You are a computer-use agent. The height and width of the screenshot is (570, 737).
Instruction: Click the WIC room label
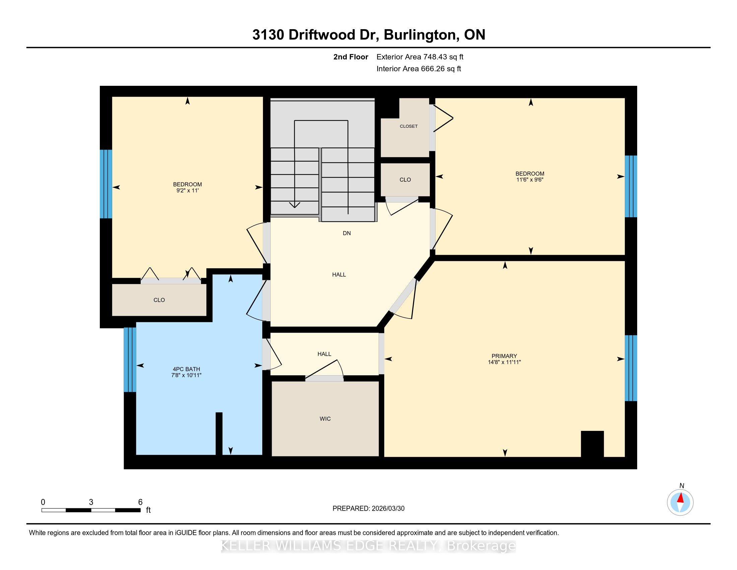325,419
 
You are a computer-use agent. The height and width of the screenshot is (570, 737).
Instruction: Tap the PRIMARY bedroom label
504,356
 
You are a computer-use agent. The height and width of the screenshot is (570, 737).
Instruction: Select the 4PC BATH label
186,369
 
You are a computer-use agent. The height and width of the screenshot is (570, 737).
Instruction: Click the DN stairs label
347,233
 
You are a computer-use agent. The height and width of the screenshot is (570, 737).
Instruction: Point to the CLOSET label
409,126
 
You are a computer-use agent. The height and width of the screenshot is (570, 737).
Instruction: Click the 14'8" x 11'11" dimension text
504,362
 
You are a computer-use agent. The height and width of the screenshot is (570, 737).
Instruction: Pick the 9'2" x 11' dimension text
187,190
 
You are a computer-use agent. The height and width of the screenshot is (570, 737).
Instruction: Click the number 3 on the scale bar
91,502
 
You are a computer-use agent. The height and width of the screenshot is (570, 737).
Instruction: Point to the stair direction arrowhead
294,205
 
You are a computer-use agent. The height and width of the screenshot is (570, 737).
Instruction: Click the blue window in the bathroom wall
130,360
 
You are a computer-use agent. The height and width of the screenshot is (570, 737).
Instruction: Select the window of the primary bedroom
631,368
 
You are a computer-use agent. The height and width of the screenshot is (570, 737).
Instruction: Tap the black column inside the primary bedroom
592,444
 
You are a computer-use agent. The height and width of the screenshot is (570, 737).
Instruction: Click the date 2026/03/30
387,509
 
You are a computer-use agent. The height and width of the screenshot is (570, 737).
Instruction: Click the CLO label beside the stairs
405,180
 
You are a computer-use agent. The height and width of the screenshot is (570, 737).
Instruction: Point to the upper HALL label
339,275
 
